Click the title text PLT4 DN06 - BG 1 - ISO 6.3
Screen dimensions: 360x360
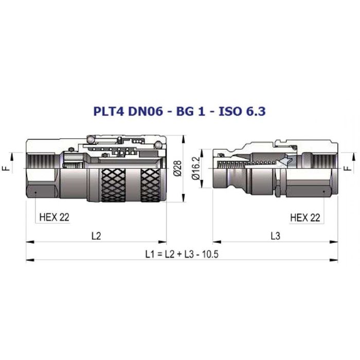pos(179,112)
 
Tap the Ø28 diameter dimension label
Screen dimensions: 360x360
pos(177,168)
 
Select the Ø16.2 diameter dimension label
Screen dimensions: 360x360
pos(196,168)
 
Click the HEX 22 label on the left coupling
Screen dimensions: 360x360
pos(54,217)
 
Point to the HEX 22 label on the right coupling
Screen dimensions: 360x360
pos(305,218)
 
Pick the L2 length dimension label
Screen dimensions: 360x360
pos(96,236)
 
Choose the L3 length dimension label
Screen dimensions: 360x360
pos(275,236)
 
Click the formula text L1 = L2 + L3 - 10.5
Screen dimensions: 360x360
pos(182,254)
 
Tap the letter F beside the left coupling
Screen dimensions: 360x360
pos(7,168)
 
